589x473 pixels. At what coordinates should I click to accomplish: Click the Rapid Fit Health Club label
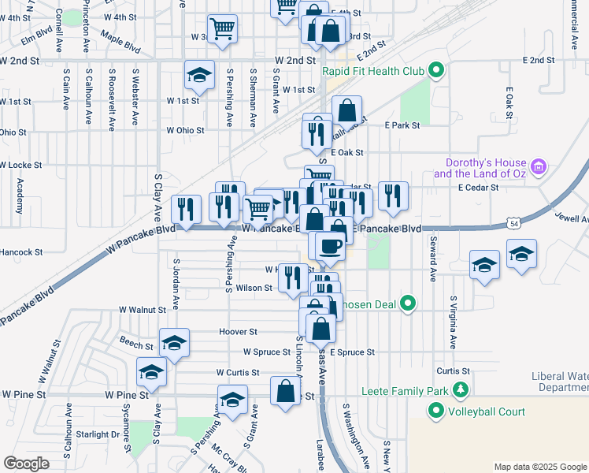[373, 72]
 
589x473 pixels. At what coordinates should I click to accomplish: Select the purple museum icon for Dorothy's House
[539, 166]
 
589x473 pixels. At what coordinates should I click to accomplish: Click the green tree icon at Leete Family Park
[459, 390]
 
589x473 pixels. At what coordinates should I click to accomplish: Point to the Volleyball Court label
[487, 411]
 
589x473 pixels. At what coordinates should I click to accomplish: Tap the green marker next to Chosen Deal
[407, 304]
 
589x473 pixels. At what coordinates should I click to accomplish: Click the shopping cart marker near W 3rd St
[223, 30]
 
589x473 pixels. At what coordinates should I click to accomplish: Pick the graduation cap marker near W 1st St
[199, 76]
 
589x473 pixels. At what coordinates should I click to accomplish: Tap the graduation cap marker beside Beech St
[173, 343]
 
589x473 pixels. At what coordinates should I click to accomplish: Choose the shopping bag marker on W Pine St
[285, 391]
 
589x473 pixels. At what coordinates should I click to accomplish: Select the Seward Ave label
[433, 263]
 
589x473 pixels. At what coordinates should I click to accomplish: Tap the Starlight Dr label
[98, 434]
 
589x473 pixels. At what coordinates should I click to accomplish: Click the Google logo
[26, 464]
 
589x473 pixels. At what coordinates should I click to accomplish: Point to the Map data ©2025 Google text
[539, 467]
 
